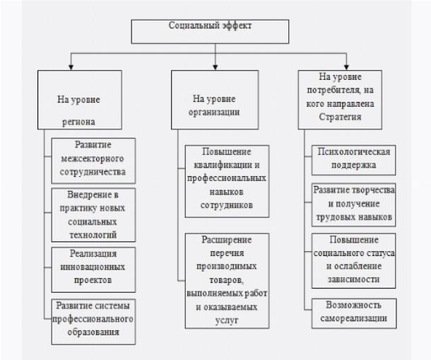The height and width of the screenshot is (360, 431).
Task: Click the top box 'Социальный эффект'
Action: coord(210,31)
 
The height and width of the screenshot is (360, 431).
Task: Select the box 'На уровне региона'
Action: coord(80,100)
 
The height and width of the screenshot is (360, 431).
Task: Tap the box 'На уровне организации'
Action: coord(215,100)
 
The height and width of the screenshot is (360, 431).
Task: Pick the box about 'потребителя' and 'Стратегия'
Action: coord(340,100)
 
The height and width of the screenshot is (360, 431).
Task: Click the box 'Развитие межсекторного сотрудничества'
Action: coord(93,161)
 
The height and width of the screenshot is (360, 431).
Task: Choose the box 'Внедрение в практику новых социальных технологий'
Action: coord(93,215)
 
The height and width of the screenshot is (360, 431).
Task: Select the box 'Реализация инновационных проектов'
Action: coord(93,269)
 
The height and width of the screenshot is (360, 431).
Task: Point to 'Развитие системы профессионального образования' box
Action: coord(93,322)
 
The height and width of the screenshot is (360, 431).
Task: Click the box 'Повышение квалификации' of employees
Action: coord(227,181)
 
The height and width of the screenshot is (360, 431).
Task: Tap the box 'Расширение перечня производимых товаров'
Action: coord(227,281)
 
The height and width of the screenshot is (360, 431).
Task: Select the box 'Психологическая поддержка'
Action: coord(353,160)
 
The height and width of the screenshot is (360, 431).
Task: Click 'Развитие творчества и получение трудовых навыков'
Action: coord(353,205)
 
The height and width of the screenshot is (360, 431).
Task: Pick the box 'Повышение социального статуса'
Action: coord(353,261)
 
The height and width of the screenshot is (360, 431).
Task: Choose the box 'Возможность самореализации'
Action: coord(354,313)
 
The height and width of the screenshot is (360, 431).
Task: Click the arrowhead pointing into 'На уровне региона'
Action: coord(71,67)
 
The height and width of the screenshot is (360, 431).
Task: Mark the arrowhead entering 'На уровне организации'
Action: coord(215,67)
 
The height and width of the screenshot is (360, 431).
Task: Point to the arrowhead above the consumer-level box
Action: coord(346,67)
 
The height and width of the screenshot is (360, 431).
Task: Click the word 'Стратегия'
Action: coord(340,117)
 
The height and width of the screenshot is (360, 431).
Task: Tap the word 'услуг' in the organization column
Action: coord(227,320)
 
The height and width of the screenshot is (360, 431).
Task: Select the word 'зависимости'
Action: coord(353,279)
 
